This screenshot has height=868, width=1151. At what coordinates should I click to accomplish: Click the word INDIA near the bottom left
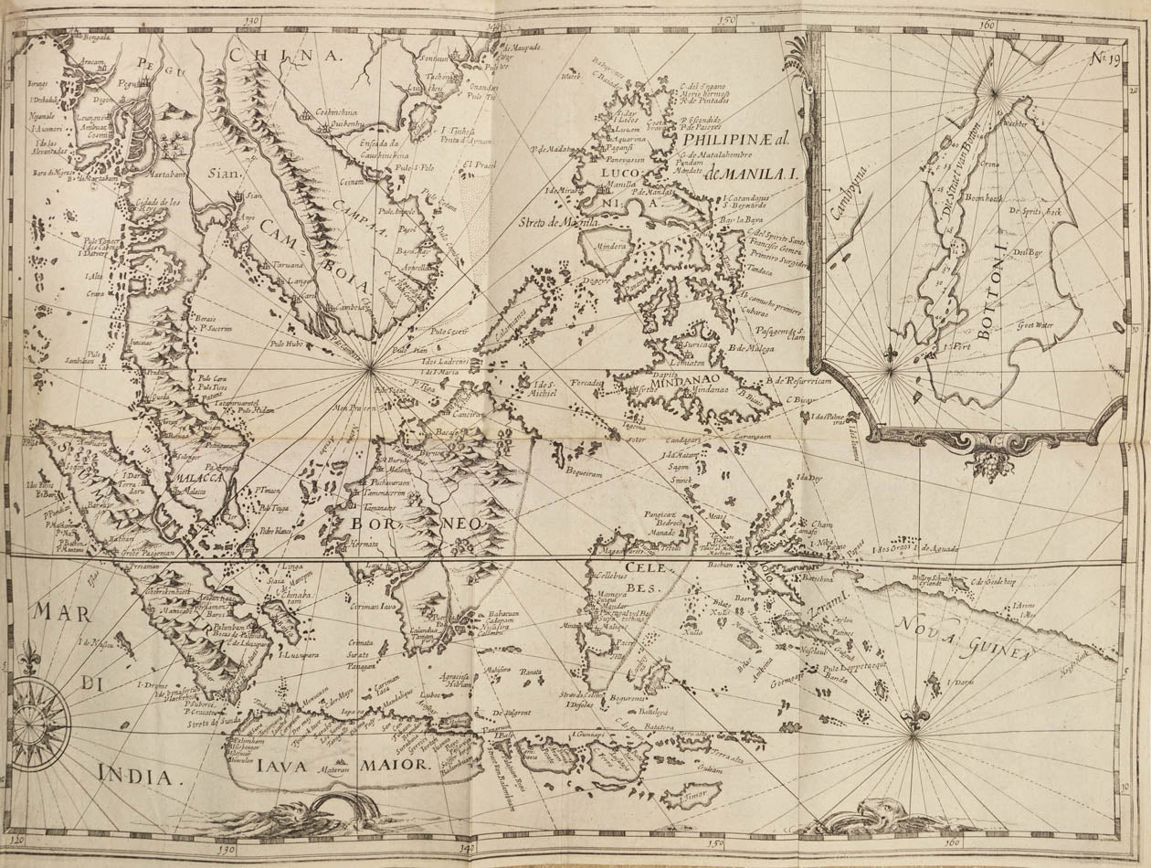[x=134, y=777]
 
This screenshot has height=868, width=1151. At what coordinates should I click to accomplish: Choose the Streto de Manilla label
[x=559, y=222]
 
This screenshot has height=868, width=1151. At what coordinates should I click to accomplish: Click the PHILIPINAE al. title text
[x=741, y=143]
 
